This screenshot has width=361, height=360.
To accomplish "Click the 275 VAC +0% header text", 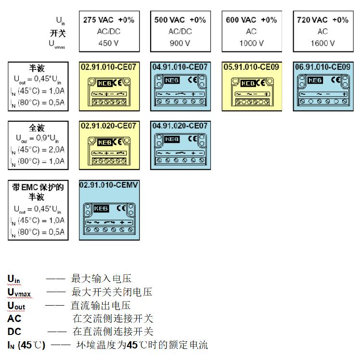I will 109,20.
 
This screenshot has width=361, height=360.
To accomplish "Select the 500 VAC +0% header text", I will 180,20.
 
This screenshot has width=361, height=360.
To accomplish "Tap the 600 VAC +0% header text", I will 251,20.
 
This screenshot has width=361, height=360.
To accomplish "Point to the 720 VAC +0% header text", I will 322,20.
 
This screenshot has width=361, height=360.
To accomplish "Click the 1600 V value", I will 322,43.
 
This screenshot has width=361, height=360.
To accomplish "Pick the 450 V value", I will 109,43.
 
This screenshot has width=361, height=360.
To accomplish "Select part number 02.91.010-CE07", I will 109,67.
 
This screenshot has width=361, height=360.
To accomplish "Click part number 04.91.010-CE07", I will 180,67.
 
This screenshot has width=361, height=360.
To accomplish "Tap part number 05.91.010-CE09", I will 251,67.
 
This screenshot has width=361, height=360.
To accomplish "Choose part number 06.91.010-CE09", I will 322,67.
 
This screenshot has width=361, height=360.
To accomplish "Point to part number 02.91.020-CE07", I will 109,126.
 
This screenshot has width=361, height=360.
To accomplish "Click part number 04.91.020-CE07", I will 180,126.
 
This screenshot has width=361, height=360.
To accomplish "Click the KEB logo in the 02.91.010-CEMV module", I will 101,209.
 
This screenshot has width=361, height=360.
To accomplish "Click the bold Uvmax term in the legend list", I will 19,293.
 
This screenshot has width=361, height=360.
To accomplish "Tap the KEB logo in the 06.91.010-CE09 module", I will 315,80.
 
